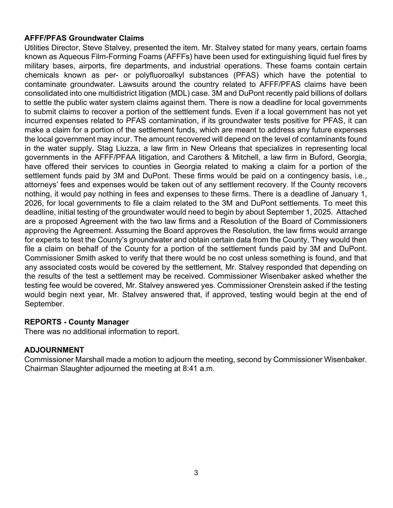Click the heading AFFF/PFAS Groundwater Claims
click(x=84, y=38)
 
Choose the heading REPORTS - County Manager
click(x=76, y=322)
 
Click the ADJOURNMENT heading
click(x=54, y=350)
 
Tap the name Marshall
click(x=90, y=360)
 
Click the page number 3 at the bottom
click(x=196, y=473)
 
